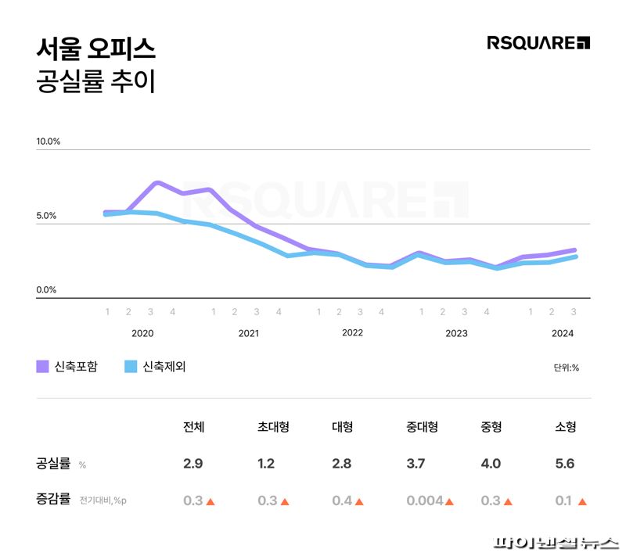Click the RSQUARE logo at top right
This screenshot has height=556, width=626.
[x=538, y=43]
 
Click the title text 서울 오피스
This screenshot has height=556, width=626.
[x=95, y=48]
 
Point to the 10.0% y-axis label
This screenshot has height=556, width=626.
[x=48, y=142]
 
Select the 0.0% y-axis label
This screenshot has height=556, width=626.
[x=46, y=290]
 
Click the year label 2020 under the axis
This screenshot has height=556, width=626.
[x=142, y=333]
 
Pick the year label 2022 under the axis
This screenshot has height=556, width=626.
[x=352, y=333]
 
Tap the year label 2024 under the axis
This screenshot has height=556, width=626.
[x=562, y=333]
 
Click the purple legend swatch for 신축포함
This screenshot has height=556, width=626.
[x=42, y=367]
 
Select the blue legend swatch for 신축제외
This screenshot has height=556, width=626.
[x=131, y=367]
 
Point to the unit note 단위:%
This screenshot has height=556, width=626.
[x=566, y=368]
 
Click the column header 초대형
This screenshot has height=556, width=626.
[x=273, y=427]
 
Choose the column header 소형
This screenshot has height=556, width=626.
[x=565, y=427]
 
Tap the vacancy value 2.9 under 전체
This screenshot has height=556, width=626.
[x=192, y=464]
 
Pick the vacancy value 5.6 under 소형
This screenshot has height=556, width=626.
[x=564, y=464]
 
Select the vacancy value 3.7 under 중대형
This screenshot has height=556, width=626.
[x=416, y=464]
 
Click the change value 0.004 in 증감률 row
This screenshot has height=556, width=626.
[x=424, y=500]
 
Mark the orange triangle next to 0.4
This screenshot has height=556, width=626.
[x=358, y=501]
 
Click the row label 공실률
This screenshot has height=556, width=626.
[x=53, y=464]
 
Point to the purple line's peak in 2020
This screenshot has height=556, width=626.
[x=157, y=182]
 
